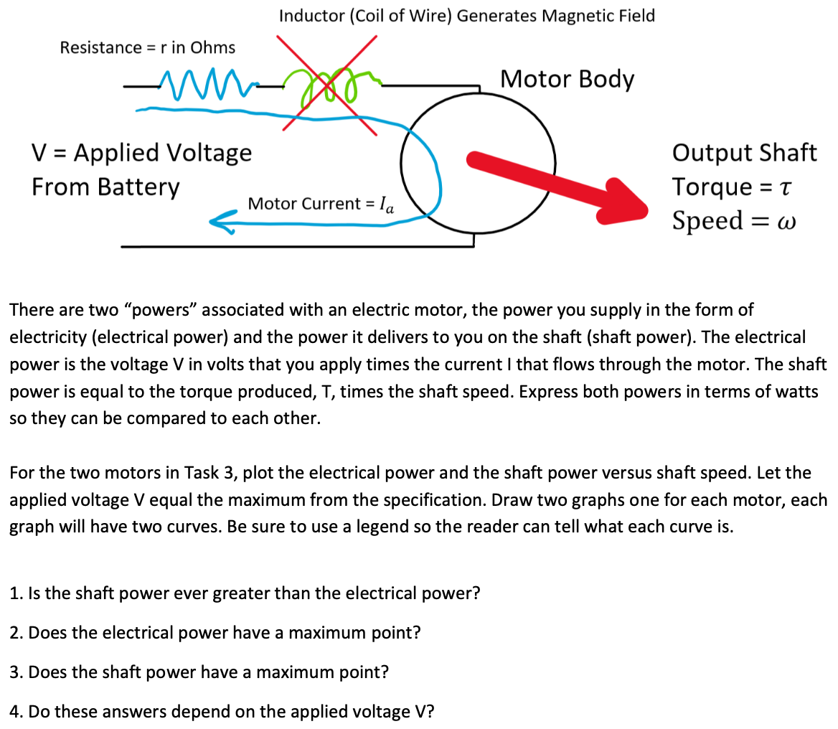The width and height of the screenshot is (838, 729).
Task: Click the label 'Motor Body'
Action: click(567, 79)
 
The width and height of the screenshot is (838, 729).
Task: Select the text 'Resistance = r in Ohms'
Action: click(148, 48)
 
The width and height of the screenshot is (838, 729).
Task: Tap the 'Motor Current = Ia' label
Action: click(320, 204)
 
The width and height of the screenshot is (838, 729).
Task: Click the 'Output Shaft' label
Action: click(744, 153)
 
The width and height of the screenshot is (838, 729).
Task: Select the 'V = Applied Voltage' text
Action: click(142, 153)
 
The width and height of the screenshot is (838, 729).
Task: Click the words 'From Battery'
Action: click(105, 187)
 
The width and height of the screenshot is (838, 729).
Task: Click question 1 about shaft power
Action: click(244, 593)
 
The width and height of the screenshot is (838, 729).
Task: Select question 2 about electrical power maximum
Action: click(215, 633)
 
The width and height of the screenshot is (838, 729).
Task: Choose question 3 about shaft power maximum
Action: click(199, 672)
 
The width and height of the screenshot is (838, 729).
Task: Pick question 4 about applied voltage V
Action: click(222, 712)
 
